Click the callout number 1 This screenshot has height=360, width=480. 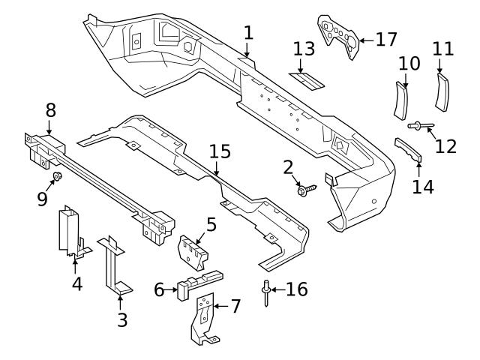(x=248, y=33)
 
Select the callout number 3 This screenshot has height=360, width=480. (x=122, y=320)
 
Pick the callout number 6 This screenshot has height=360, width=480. (x=160, y=289)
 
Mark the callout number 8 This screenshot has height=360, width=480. (x=51, y=110)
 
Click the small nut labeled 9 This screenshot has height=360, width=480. (x=57, y=178)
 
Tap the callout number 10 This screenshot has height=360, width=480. (x=409, y=64)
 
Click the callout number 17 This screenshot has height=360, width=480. (x=386, y=39)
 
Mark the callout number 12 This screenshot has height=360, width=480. (x=445, y=145)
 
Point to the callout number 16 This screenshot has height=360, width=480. (x=297, y=289)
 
